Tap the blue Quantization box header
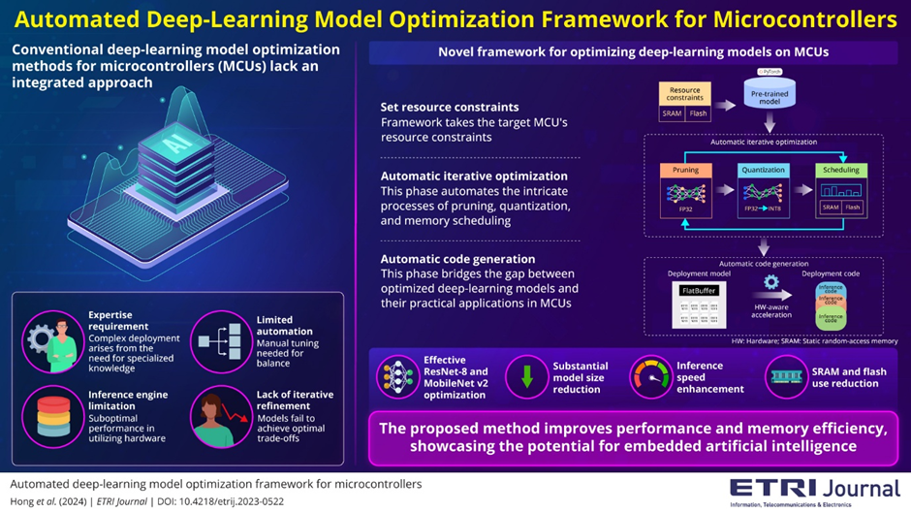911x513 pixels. pyautogui.click(x=762, y=170)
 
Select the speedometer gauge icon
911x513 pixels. pyautogui.click(x=650, y=375)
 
